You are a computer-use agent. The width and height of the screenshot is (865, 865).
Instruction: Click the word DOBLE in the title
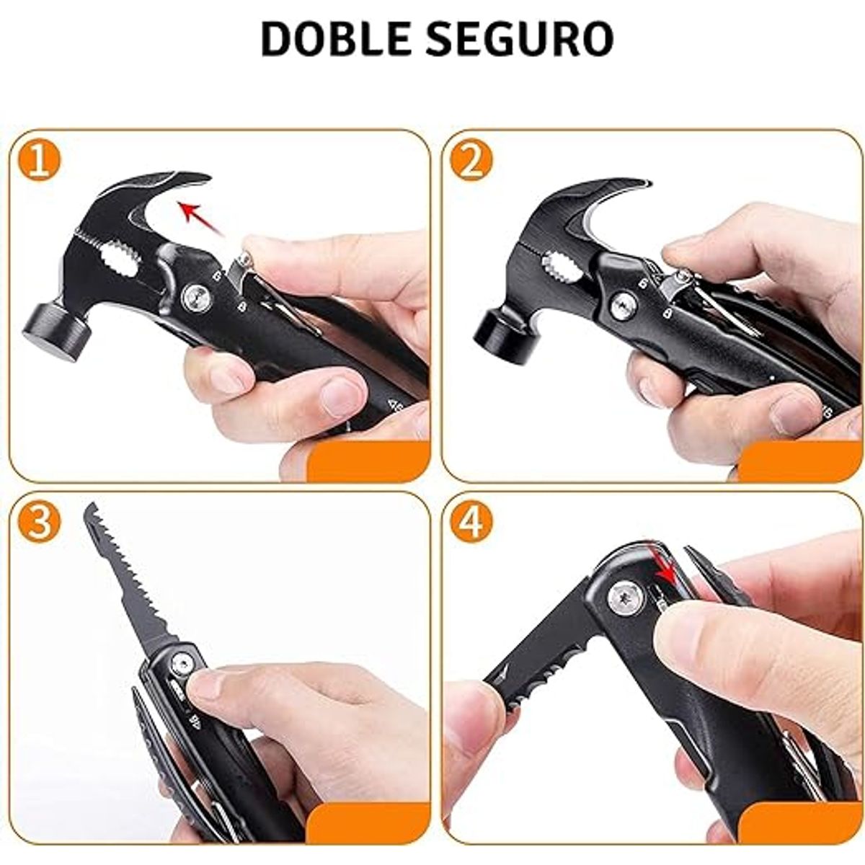(x=335, y=38)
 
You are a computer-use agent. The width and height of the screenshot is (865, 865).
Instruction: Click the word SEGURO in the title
(x=519, y=38)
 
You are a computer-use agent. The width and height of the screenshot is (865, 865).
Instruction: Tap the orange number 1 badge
(x=40, y=160)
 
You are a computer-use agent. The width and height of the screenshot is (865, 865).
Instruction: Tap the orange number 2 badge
(x=471, y=160)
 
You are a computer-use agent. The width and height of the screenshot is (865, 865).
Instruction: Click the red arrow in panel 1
(x=200, y=218)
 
